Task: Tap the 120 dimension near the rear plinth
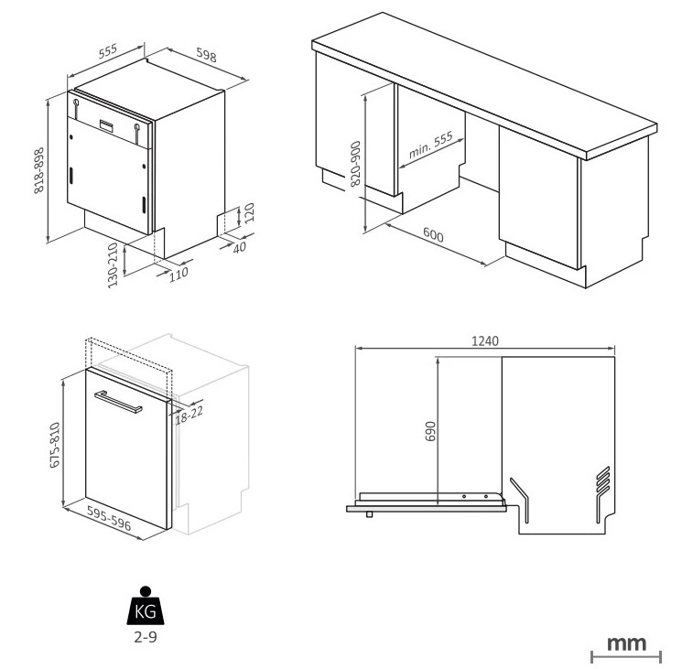coord(248,216)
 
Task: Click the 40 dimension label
coord(241,247)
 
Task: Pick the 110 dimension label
coord(178,272)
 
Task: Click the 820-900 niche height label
coord(356,164)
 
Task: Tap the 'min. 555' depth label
coord(430,146)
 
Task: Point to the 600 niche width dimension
coord(433,236)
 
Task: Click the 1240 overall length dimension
coord(484,340)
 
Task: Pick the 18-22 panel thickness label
coord(189,413)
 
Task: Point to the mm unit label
coord(627,642)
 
